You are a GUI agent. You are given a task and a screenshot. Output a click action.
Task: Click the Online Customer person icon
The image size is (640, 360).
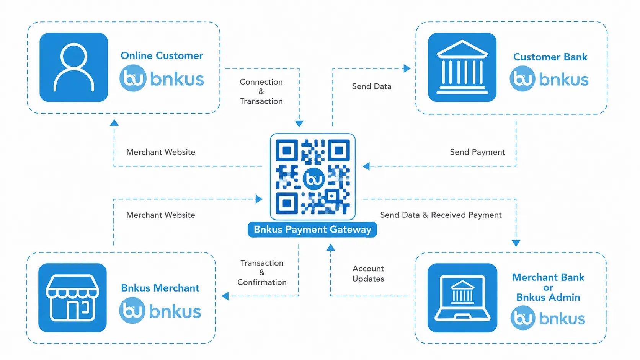click(x=74, y=67)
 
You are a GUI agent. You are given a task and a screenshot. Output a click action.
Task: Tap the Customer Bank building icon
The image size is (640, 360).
click(x=462, y=67)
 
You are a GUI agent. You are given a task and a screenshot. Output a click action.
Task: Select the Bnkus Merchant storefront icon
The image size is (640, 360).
click(x=73, y=298)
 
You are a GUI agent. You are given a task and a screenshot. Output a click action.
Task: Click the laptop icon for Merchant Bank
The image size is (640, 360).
click(x=462, y=298)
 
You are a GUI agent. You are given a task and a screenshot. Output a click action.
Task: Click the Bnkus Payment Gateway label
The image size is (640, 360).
click(x=312, y=230)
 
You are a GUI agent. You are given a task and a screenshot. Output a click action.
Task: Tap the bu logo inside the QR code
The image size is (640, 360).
click(x=313, y=179)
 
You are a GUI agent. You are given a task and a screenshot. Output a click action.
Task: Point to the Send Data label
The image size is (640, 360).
click(x=372, y=86)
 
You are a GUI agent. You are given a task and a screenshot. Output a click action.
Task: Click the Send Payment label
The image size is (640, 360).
click(x=477, y=152)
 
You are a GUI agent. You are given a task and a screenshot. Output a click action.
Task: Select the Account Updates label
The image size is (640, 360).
click(x=368, y=274)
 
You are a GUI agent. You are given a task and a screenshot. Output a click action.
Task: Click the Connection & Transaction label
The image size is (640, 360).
click(x=261, y=92)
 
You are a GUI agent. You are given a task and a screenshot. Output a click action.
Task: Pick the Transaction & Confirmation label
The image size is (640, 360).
click(x=262, y=273)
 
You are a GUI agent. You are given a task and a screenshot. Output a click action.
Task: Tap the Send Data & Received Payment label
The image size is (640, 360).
click(x=441, y=215)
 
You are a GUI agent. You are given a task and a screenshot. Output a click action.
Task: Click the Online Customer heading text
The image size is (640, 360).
click(x=162, y=56)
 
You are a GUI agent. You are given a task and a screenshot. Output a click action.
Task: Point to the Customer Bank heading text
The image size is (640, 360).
click(x=550, y=57)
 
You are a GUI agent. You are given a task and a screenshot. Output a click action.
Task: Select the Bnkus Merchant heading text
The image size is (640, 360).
click(x=160, y=288)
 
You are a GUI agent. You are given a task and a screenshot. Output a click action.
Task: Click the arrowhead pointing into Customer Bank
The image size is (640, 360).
click(x=407, y=68)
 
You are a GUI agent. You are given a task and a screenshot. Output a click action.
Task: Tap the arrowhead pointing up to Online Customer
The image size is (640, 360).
click(x=114, y=123)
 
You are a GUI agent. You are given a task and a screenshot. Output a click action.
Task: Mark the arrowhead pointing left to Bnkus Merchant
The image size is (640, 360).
click(x=225, y=296)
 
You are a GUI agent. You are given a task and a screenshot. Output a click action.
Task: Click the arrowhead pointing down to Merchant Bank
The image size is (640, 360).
click(x=516, y=243)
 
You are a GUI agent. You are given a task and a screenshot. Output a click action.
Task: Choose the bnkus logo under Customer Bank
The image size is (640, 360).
click(x=549, y=79)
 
